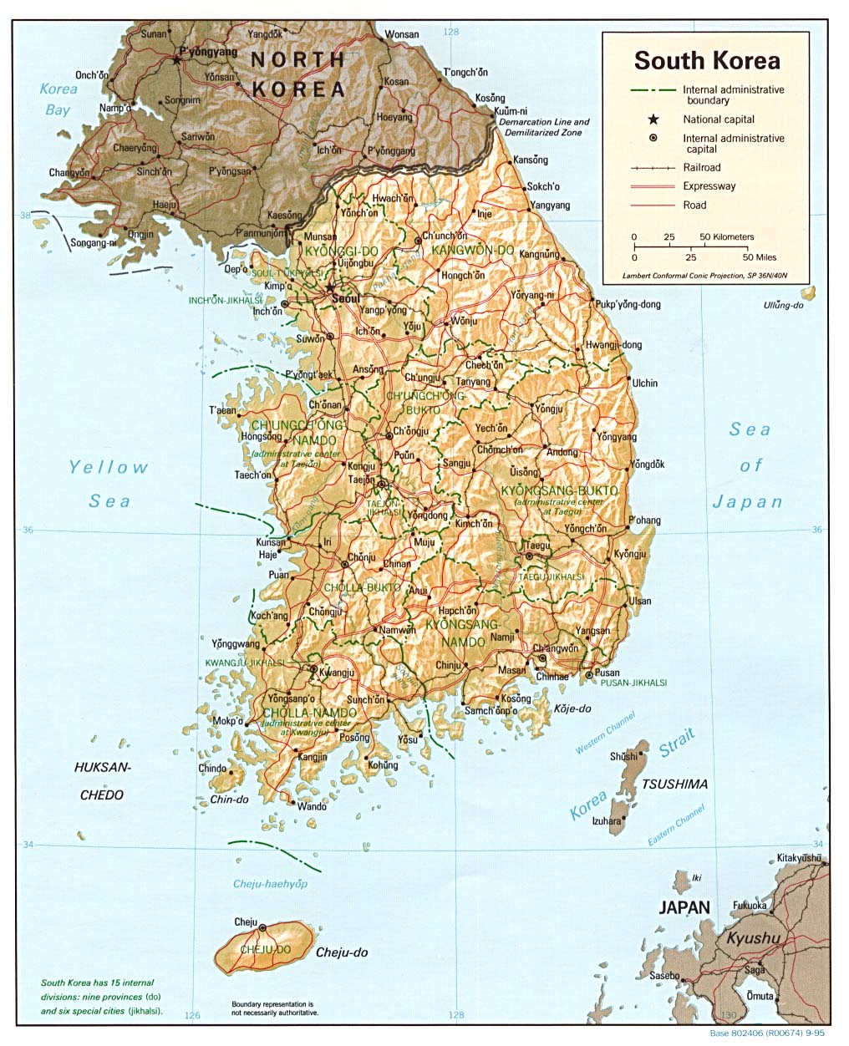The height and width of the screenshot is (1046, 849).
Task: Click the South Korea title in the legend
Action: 706,60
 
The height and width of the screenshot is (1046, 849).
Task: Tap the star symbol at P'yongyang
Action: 176,59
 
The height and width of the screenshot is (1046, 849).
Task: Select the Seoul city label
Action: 345,298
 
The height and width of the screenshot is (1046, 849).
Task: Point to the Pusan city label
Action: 608,673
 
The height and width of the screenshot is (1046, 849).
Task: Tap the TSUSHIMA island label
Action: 674,784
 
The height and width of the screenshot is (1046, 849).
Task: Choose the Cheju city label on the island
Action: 246,922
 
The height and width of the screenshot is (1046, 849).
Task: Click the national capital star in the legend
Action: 653,119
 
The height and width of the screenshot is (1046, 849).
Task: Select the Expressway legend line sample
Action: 653,186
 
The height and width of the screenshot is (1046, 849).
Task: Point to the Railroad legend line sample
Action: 653,168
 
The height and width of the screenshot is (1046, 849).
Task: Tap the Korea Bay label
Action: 58,99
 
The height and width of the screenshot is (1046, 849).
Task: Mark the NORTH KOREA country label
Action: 298,74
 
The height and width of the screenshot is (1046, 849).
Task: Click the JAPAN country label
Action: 684,907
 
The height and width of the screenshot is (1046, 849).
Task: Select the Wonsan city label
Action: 401,34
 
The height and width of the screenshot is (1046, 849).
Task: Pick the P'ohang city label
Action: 644,520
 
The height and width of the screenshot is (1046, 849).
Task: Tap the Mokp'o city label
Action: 227,720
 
